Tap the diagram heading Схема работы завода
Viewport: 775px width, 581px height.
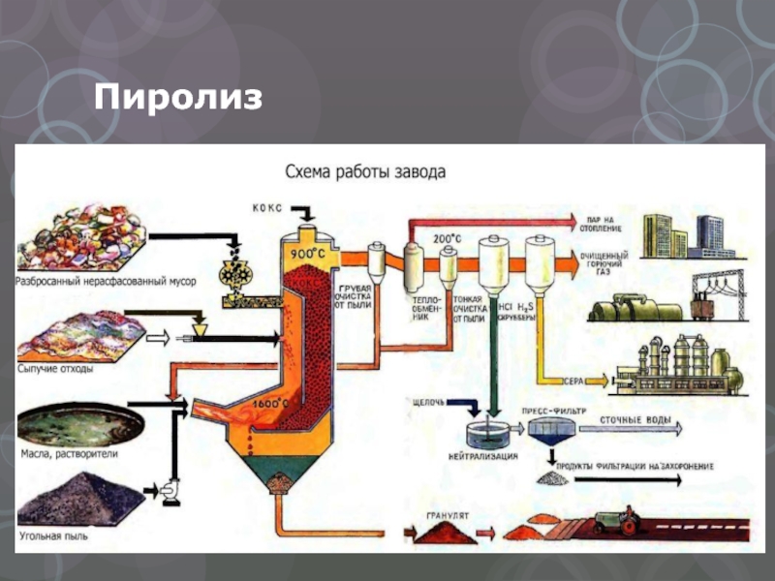tap(365, 173)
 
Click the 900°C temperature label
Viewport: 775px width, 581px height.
tap(304, 254)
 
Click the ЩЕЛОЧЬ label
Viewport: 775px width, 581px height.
tap(429, 400)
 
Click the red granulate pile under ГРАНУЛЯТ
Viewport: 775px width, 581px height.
tap(447, 532)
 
